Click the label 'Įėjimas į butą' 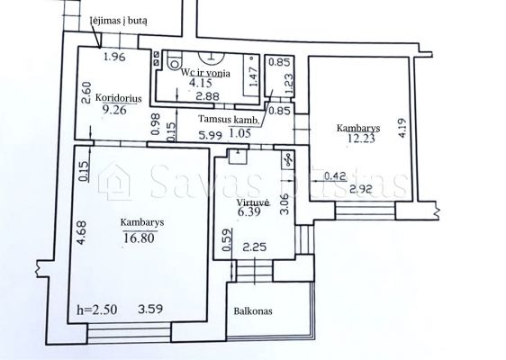click(x=119, y=21)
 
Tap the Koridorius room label click(x=119, y=98)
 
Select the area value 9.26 click(x=114, y=110)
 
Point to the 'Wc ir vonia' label click(x=205, y=73)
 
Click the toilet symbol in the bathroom click(x=175, y=62)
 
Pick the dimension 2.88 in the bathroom click(x=208, y=95)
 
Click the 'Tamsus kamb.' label click(x=229, y=119)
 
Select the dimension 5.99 click(x=211, y=135)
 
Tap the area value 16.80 click(x=139, y=238)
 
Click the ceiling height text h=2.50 click(x=97, y=310)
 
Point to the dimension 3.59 click(x=150, y=310)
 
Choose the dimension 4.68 click(x=82, y=232)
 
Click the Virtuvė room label click(x=253, y=202)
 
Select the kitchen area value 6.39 click(x=248, y=211)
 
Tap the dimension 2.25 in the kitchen click(x=255, y=247)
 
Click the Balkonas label click(x=253, y=311)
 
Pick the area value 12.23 click(x=361, y=139)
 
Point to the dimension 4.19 click(x=402, y=128)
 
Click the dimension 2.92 click(x=361, y=189)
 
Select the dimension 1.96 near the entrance click(x=114, y=57)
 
